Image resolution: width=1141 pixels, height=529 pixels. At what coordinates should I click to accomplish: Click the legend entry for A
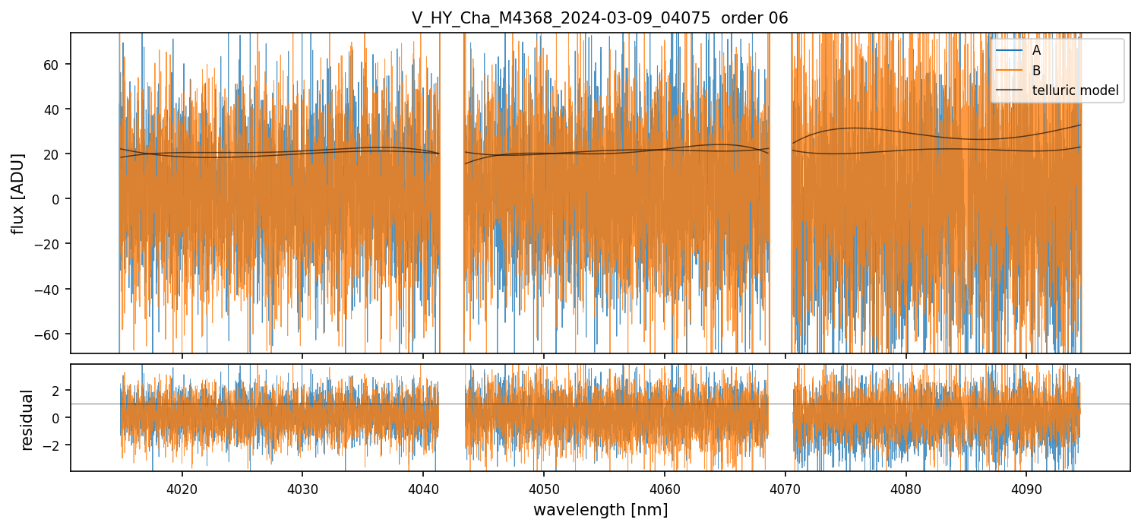(x=1036, y=51)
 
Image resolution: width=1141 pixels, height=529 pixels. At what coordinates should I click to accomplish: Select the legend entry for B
(x=1036, y=71)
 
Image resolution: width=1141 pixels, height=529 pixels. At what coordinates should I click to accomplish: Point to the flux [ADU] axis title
(x=17, y=193)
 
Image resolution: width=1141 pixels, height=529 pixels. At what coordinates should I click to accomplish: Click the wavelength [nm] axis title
(x=600, y=509)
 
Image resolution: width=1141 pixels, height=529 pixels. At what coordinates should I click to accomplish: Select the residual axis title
(x=27, y=420)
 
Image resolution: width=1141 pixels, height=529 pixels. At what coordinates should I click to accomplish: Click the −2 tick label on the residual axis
(x=55, y=445)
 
